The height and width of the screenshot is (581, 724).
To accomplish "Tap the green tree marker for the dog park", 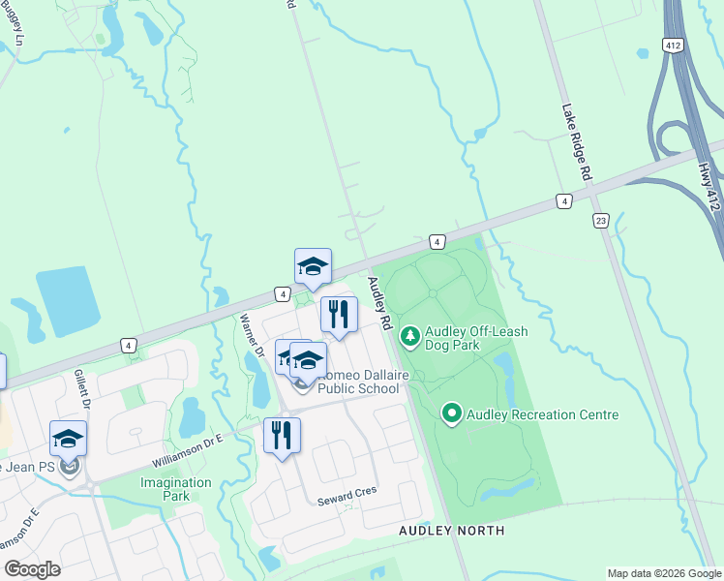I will pos(410,336).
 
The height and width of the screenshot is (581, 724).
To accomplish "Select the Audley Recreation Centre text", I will pos(542,414).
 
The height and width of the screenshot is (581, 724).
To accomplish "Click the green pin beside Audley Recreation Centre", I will pos(451,414).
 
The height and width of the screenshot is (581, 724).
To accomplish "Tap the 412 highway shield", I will pos(674,46).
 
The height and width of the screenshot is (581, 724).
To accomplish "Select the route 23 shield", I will pos(601,221).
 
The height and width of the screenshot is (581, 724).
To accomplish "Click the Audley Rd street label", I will pos(378,301).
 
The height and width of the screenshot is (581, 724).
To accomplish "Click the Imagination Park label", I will pos(175,489).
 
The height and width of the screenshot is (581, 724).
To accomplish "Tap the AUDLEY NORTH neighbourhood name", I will pos(453,531).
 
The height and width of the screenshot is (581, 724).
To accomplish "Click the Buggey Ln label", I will pos(15,24).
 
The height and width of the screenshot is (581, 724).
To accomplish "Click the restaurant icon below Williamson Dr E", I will pos(282,435).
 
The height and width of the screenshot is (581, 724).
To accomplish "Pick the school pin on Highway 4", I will pos(313,267).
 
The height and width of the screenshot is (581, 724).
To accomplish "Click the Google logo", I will pos(32,569).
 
